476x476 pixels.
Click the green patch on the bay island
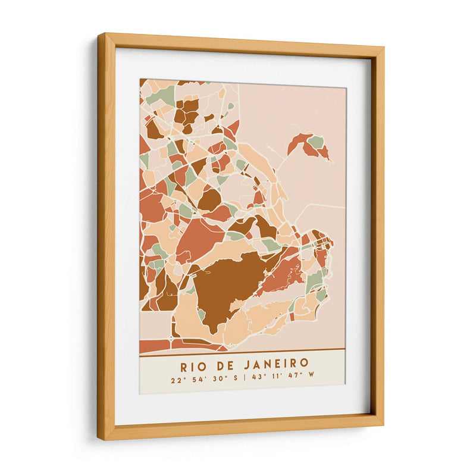[x=316, y=142]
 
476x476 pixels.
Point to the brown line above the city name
[x=242, y=349]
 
